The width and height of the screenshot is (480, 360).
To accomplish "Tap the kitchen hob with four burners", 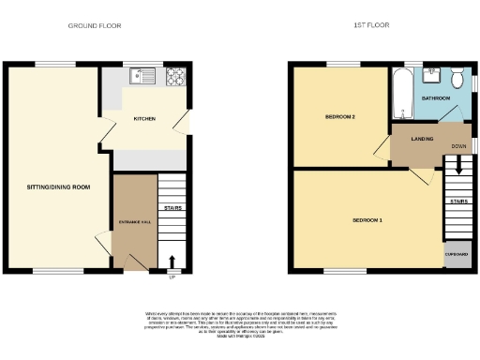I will (175, 76).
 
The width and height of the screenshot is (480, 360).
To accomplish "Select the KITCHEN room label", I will (144, 119).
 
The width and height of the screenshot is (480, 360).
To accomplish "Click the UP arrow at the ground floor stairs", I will (172, 263).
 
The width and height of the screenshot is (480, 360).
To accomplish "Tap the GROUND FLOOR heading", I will (95, 26).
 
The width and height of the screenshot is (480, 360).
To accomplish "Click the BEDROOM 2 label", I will (339, 117).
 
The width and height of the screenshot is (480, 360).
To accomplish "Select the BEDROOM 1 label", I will (367, 220).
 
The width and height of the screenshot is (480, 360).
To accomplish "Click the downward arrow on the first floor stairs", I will (457, 166).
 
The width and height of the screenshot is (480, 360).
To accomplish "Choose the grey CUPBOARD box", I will (457, 255).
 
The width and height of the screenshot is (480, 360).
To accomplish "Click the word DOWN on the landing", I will (458, 147).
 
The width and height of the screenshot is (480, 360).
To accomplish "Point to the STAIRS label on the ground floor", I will (172, 208).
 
